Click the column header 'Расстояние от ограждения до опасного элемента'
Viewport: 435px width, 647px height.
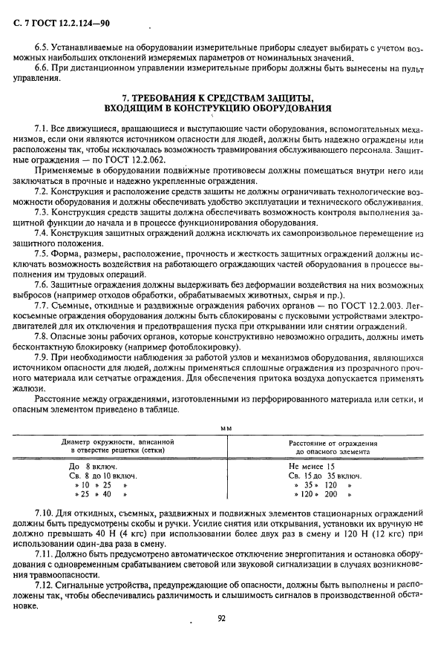[x=327, y=447]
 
